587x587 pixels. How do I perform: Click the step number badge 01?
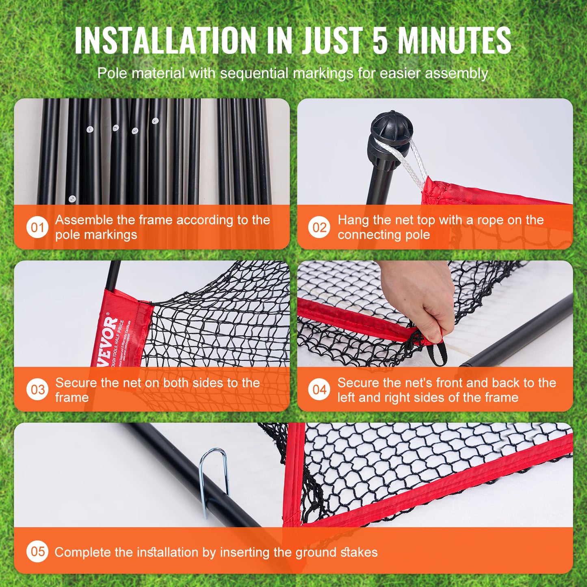click(37, 227)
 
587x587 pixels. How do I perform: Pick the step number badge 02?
click(319, 227)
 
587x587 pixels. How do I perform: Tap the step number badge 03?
click(37, 390)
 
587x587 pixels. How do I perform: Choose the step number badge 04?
click(319, 390)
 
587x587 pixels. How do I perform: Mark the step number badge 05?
click(37, 551)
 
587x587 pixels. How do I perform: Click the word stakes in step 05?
click(359, 552)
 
